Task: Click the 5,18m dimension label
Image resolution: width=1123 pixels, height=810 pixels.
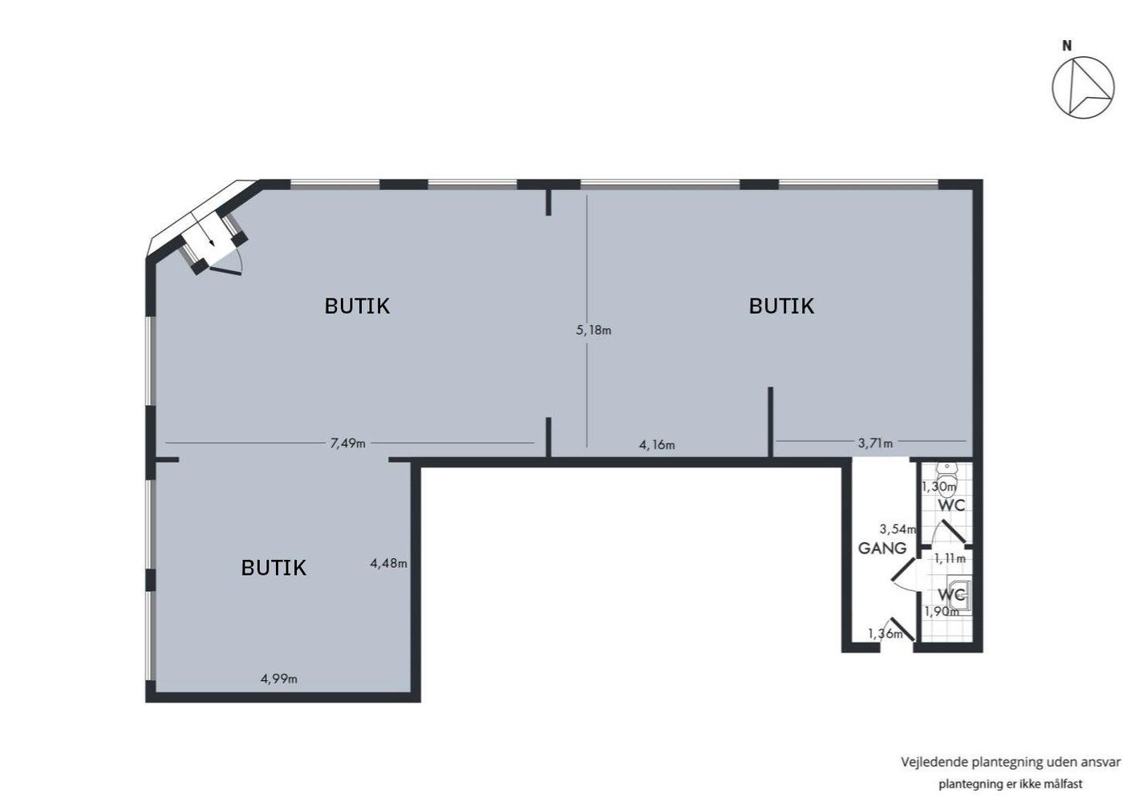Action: pyautogui.click(x=594, y=330)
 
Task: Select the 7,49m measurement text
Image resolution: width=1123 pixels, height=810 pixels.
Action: pyautogui.click(x=347, y=443)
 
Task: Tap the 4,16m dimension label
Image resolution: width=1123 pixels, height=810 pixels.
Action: pyautogui.click(x=657, y=444)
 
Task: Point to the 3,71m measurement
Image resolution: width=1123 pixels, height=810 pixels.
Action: pyautogui.click(x=875, y=443)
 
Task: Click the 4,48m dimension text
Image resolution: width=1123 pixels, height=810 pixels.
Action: pyautogui.click(x=388, y=563)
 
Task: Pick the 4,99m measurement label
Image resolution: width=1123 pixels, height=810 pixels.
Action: pyautogui.click(x=279, y=678)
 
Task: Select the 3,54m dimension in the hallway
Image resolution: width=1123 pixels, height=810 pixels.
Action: pyautogui.click(x=898, y=529)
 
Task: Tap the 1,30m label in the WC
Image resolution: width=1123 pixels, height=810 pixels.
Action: pyautogui.click(x=939, y=486)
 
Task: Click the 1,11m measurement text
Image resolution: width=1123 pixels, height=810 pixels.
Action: pyautogui.click(x=950, y=558)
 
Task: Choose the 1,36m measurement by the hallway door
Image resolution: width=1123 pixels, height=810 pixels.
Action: pyautogui.click(x=886, y=634)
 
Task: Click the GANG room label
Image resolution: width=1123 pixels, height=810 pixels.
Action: pyautogui.click(x=882, y=549)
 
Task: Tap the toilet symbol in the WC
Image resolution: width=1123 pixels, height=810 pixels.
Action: pyautogui.click(x=947, y=479)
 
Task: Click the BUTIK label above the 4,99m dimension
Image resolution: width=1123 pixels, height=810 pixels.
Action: pyautogui.click(x=274, y=568)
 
